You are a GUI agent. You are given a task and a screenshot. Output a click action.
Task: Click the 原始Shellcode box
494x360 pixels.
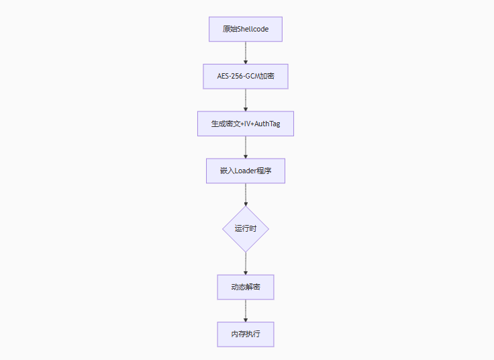pos(246,30)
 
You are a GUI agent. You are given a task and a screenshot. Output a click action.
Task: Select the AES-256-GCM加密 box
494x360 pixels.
pos(246,77)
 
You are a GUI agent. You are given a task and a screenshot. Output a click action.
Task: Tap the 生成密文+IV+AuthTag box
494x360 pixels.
pos(246,124)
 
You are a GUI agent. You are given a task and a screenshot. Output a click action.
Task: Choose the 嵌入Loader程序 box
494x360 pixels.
pos(246,171)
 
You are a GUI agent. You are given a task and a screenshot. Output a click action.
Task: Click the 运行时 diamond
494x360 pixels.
pos(246,229)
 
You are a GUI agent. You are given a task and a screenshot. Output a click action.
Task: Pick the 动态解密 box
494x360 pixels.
pos(246,287)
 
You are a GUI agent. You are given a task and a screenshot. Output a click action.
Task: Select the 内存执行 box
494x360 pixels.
pos(246,334)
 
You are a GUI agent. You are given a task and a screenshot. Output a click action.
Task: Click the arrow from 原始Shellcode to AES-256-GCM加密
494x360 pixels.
pos(246,53)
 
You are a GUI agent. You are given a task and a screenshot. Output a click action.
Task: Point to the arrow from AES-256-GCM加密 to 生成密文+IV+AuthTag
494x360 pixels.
pos(246,100)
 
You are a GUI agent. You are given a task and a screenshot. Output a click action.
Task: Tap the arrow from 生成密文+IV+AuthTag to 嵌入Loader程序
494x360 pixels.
pos(246,147)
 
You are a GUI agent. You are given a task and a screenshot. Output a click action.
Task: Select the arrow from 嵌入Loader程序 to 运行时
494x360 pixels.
pos(246,194)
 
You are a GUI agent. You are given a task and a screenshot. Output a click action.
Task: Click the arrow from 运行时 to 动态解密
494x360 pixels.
pos(246,263)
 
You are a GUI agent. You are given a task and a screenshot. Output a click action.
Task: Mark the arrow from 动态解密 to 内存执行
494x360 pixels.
pos(246,310)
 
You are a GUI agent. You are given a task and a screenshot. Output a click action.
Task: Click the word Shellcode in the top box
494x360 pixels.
pos(254,30)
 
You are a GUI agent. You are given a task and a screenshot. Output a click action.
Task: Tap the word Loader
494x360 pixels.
pos(246,171)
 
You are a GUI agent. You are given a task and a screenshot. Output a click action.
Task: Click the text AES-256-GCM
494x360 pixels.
pos(238,77)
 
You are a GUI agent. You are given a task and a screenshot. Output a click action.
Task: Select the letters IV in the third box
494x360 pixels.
pos(245,124)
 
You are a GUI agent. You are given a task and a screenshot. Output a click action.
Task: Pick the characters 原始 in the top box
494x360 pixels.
pos(230,30)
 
